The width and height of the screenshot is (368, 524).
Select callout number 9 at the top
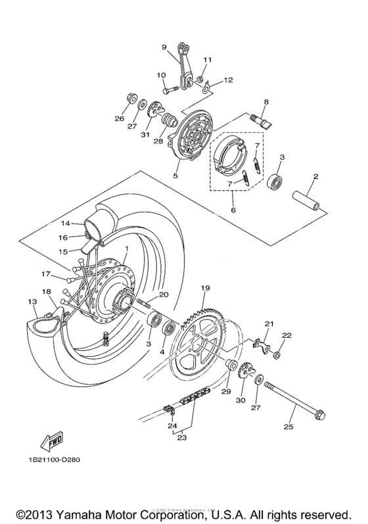tap(165, 47)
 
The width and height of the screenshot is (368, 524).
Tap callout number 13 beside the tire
tap(32, 300)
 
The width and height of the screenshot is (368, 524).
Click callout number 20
tap(164, 295)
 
